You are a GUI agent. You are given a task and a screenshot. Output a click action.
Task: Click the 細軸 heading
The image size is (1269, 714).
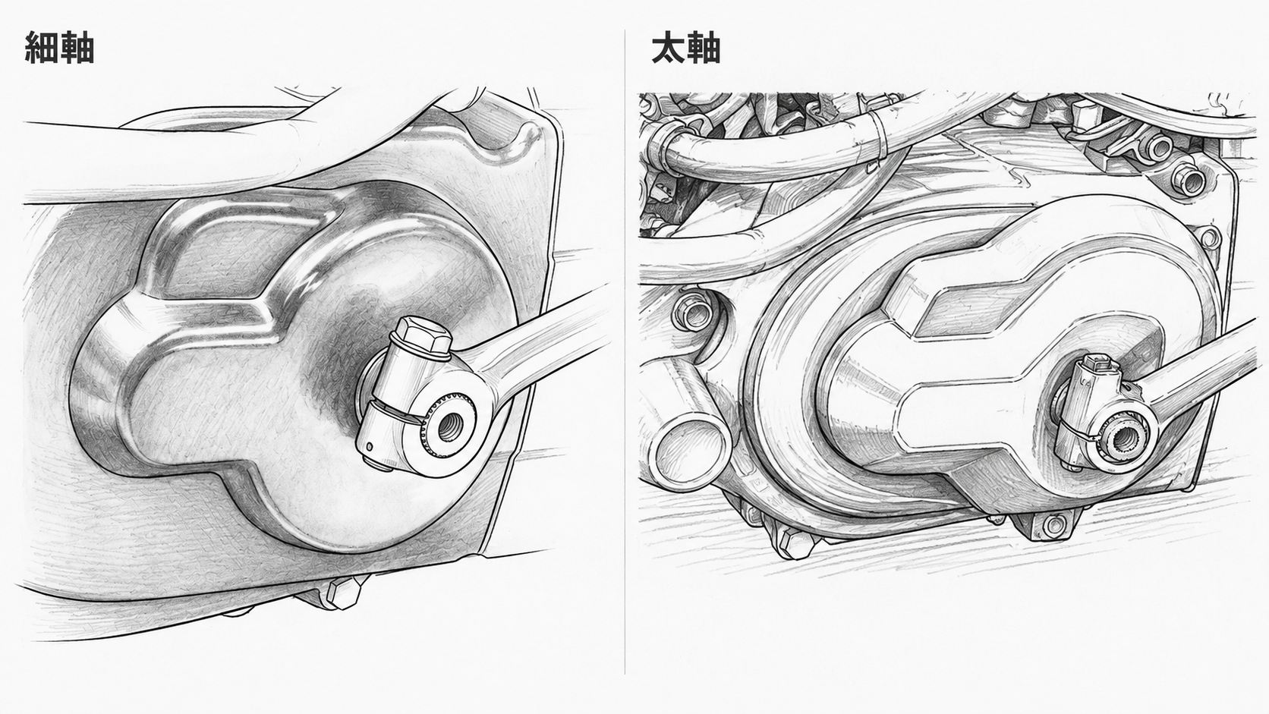click(x=59, y=48)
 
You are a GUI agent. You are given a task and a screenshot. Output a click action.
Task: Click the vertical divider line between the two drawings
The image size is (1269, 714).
click(x=625, y=351)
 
